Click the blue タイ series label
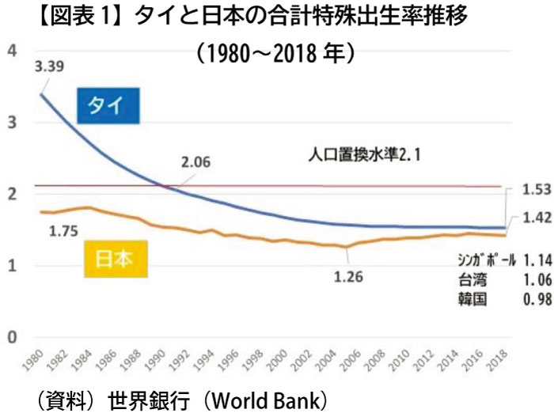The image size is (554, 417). [x=108, y=108]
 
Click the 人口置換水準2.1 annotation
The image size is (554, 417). [x=365, y=156]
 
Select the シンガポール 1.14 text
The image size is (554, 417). [x=498, y=260]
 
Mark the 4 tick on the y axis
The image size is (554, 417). [x=12, y=51]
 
